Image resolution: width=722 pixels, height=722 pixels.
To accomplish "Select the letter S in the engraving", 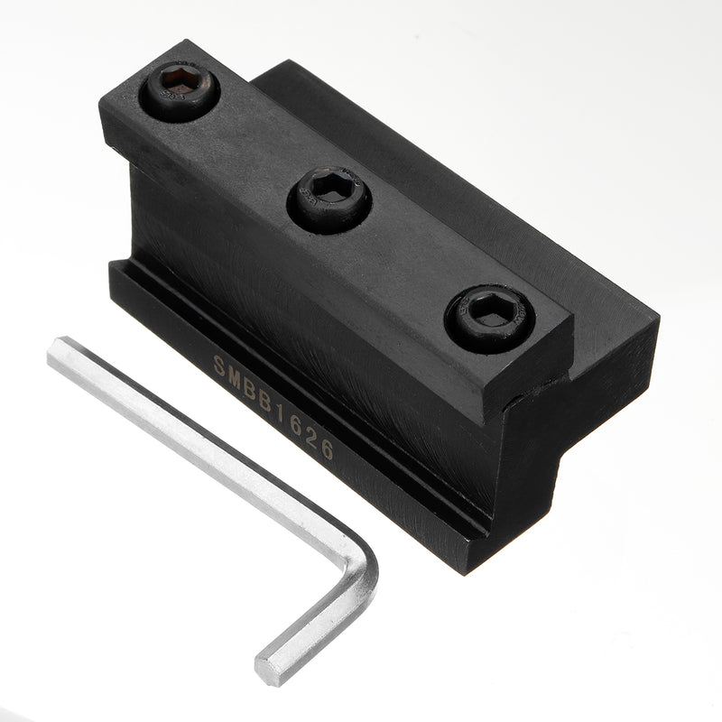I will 218,364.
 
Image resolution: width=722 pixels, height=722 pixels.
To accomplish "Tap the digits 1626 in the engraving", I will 304,431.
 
